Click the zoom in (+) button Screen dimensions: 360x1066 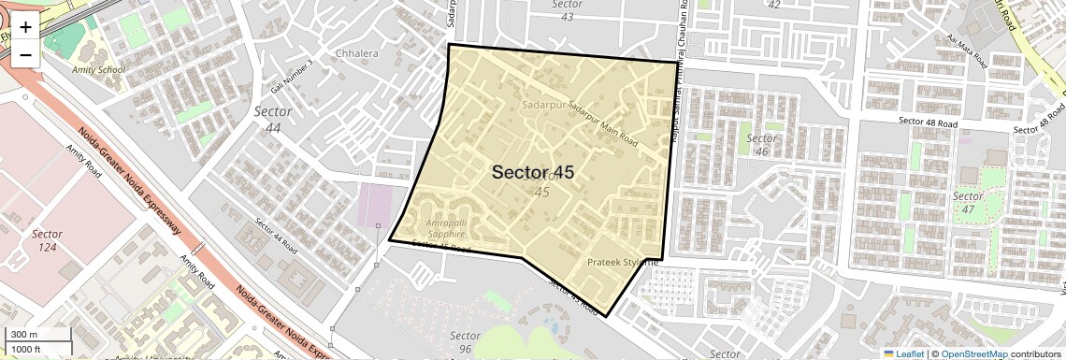(x=25, y=27)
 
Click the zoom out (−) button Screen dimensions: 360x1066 (x=25, y=54)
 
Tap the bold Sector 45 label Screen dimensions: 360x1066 (x=533, y=173)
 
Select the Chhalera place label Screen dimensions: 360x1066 (x=356, y=53)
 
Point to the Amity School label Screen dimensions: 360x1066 (x=98, y=70)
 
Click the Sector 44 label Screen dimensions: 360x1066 (x=273, y=119)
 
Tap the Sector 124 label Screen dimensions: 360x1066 (x=47, y=241)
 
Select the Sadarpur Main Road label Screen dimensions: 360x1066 (x=601, y=124)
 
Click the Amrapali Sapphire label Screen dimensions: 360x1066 (x=431, y=228)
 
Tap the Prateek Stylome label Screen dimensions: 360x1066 (x=623, y=263)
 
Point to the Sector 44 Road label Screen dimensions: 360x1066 (x=277, y=237)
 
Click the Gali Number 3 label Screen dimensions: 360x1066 (x=292, y=68)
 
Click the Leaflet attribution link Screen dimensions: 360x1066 (x=903, y=353)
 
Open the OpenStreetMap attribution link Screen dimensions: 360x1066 (x=973, y=353)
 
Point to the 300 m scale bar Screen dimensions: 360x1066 (x=36, y=335)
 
